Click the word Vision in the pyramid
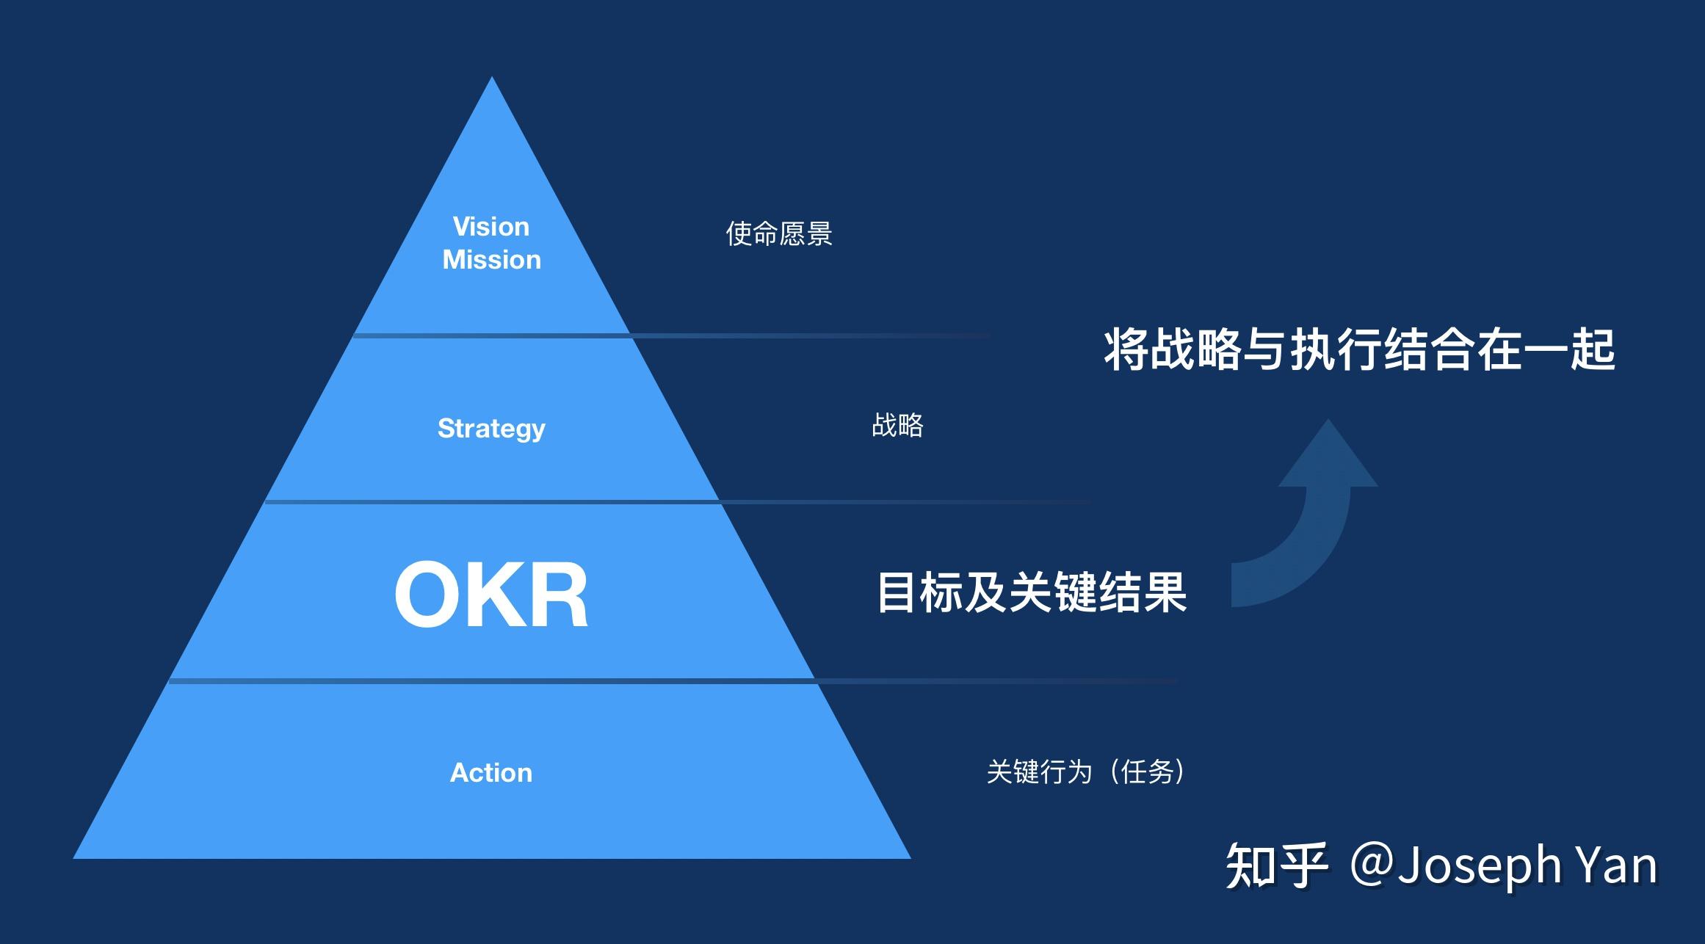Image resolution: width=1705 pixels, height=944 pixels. coord(490,227)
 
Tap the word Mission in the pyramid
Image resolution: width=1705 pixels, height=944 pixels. coord(491,260)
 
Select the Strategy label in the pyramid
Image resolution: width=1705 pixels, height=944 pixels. coord(491,428)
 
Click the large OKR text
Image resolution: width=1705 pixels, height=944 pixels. coord(491,594)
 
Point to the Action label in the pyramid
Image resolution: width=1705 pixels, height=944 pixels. coord(490,772)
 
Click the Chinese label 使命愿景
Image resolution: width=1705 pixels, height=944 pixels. coord(778,234)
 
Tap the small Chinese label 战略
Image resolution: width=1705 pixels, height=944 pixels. coord(897,425)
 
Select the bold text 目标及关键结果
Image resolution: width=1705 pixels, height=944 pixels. coord(1032,592)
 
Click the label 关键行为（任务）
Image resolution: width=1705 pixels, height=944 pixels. coord(1085,771)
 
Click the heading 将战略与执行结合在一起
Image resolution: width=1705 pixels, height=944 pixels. coord(1359,349)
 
